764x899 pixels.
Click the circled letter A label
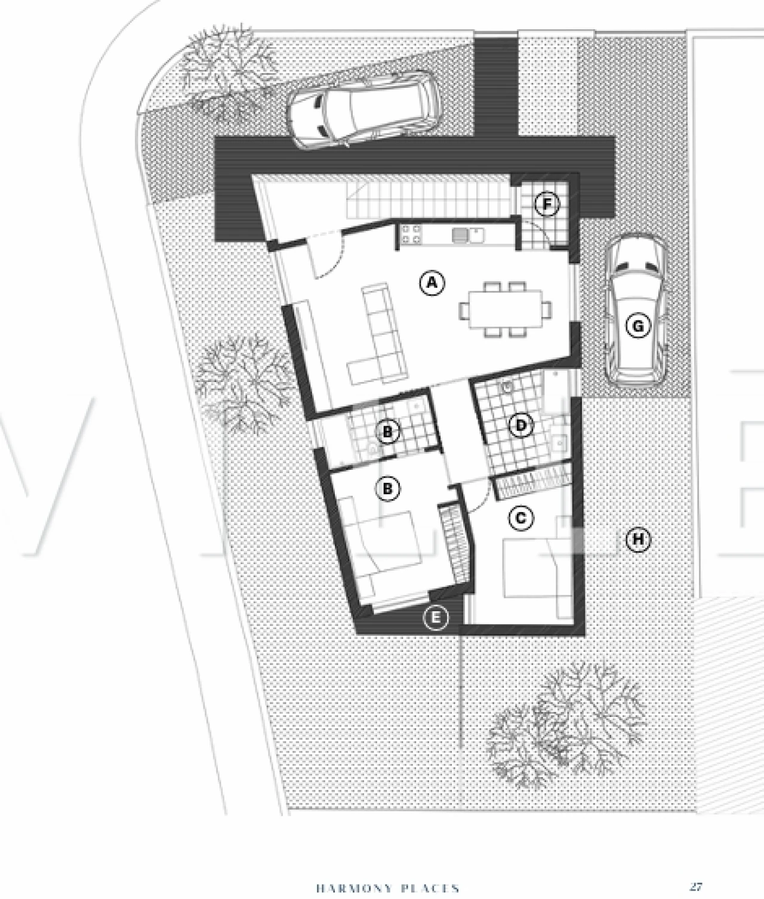pyautogui.click(x=432, y=283)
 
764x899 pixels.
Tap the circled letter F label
pyautogui.click(x=547, y=204)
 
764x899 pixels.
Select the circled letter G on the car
pyautogui.click(x=638, y=326)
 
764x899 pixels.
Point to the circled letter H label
pyautogui.click(x=638, y=540)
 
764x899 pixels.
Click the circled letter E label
pyautogui.click(x=436, y=617)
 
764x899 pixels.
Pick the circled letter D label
pyautogui.click(x=521, y=426)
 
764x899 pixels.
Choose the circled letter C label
pyautogui.click(x=520, y=518)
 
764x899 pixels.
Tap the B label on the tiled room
pyautogui.click(x=387, y=432)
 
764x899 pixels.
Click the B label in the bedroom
pyautogui.click(x=387, y=488)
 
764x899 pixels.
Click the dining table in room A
pyautogui.click(x=506, y=309)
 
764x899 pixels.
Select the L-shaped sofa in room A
pyautogui.click(x=377, y=334)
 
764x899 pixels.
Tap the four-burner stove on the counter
pyautogui.click(x=411, y=235)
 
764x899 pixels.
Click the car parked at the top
pyautogui.click(x=363, y=110)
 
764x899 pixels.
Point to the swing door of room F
pyautogui.click(x=538, y=233)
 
